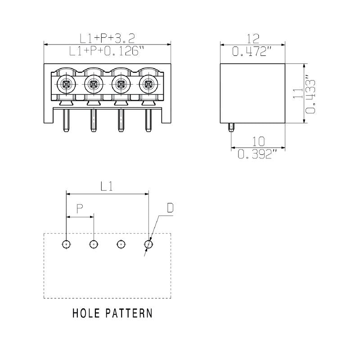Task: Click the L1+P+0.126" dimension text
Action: coord(107,51)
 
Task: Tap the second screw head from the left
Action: coord(94,83)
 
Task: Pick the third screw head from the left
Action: coord(120,83)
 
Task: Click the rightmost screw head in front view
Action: coord(147,83)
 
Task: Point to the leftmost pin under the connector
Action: coord(67,120)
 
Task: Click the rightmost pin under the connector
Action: coord(147,120)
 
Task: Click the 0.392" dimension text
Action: coord(257,154)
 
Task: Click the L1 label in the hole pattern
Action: coord(107,186)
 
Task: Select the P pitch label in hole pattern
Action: coord(80,208)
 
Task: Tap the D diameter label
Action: coord(171,208)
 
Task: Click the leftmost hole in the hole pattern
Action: coord(67,244)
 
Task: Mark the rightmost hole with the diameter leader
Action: coord(148,244)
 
